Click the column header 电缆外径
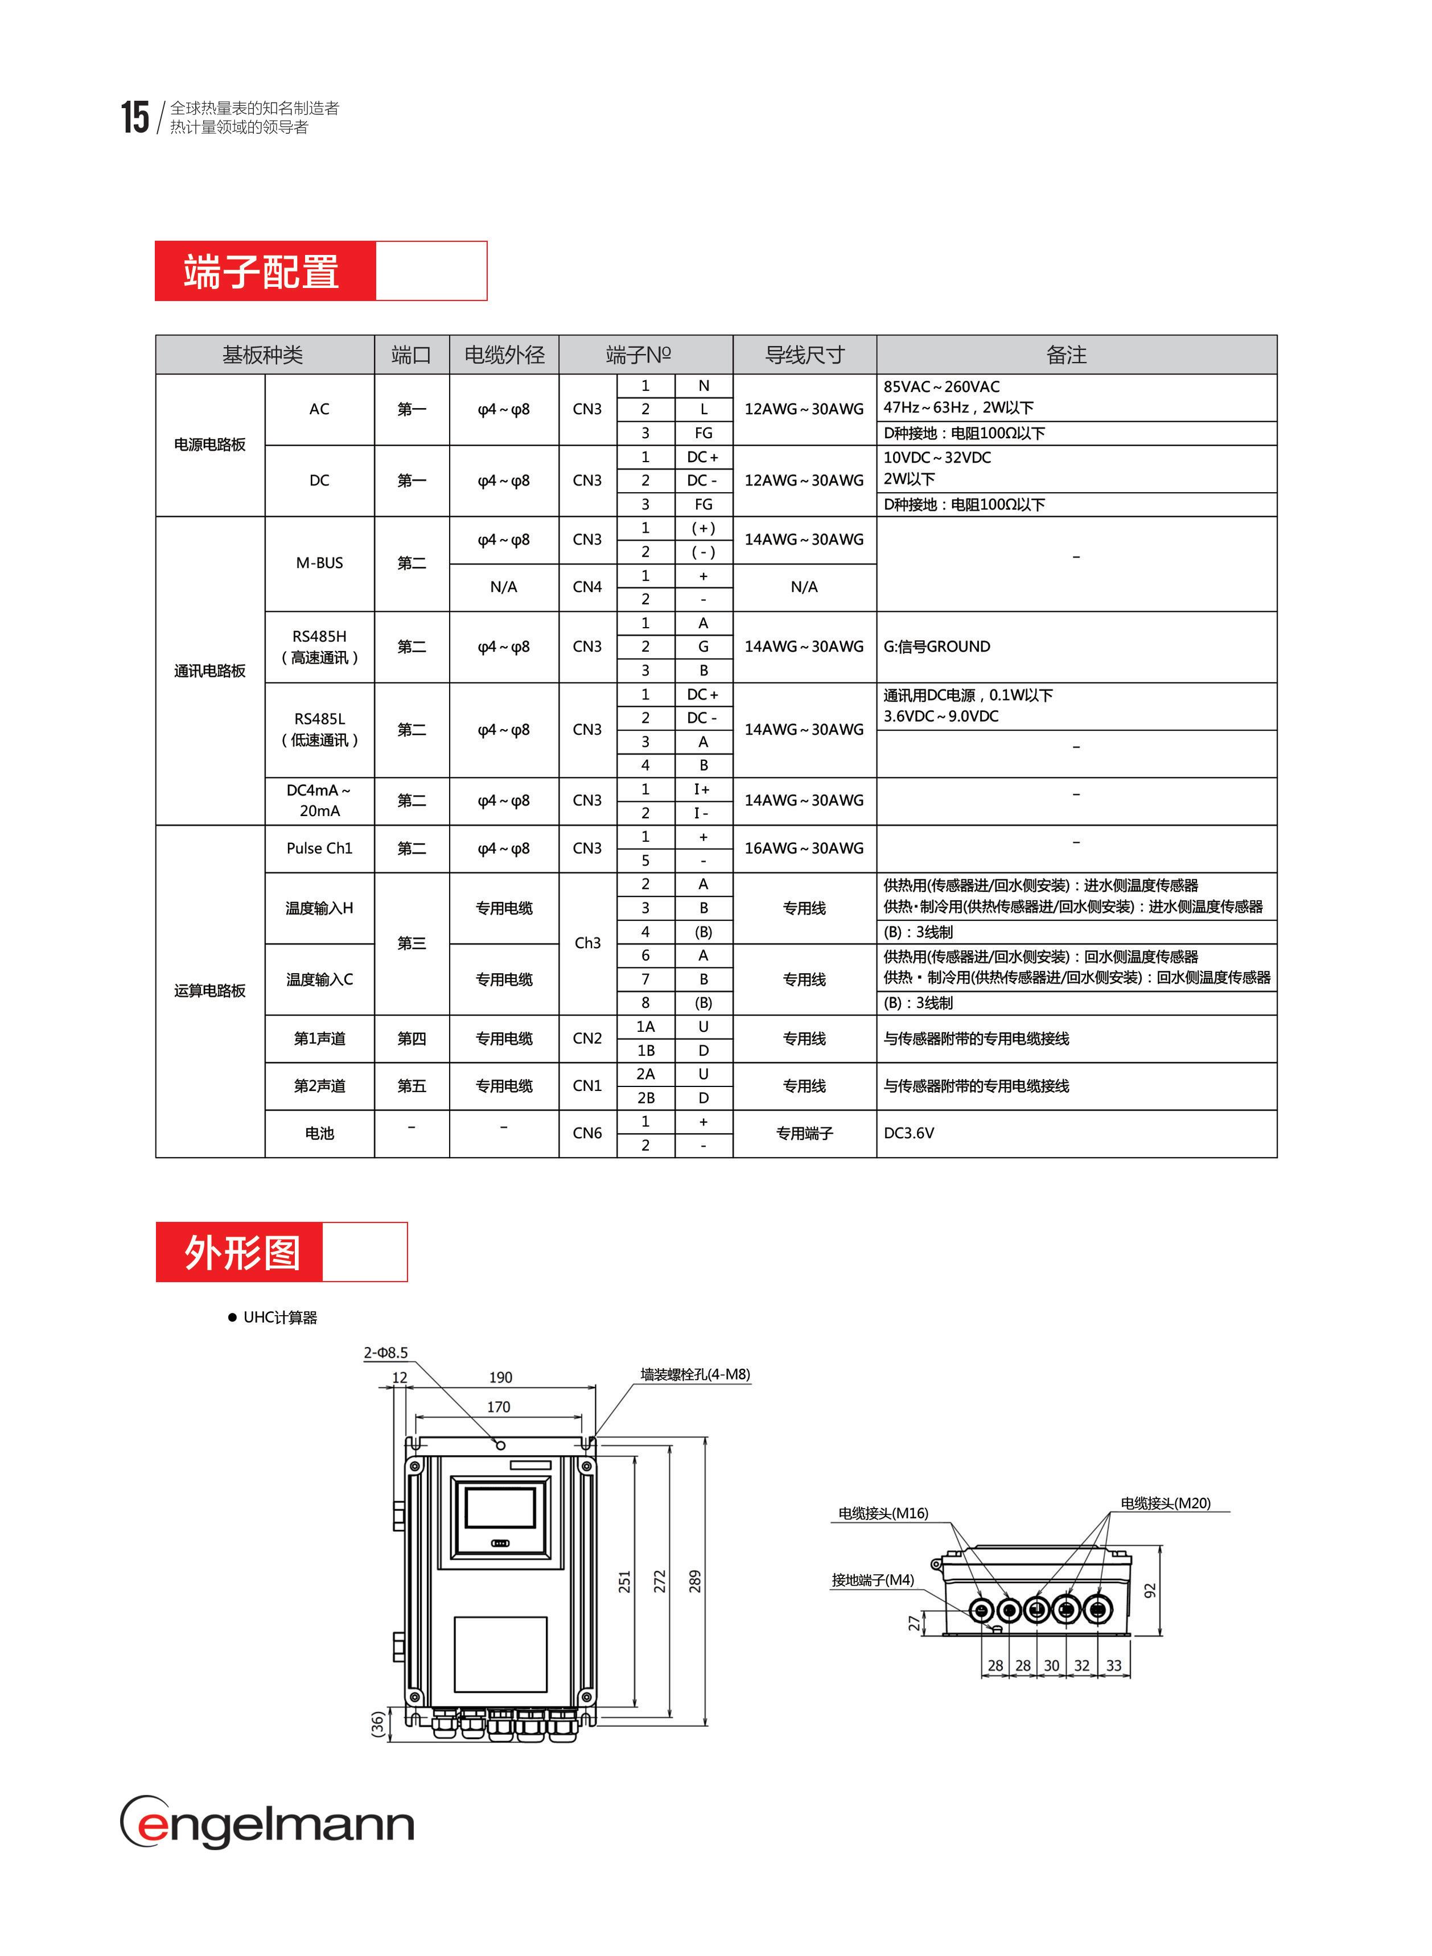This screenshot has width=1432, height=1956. [504, 355]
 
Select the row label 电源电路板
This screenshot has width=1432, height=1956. [210, 444]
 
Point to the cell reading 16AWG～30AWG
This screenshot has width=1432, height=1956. [804, 849]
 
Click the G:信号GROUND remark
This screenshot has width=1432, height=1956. [936, 646]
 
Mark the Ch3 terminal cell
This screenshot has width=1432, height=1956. [587, 943]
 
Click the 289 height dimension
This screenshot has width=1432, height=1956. [694, 1581]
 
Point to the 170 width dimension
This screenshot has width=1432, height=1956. [499, 1407]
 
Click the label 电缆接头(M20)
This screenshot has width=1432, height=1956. [1165, 1503]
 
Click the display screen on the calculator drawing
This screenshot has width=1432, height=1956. [500, 1508]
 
